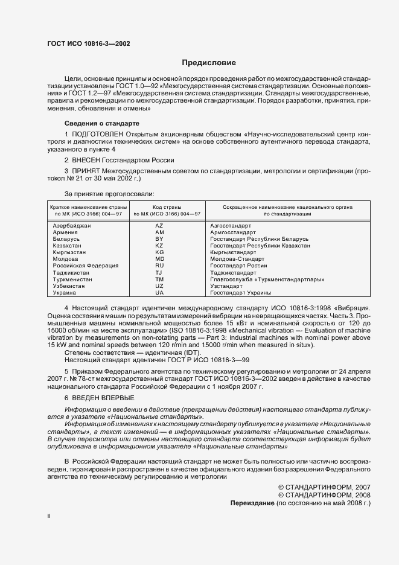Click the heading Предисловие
pyautogui.click(x=209, y=63)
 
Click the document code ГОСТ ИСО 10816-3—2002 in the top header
pyautogui.click(x=88, y=43)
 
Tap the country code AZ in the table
pyautogui.click(x=159, y=225)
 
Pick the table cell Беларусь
pyautogui.click(x=66, y=239)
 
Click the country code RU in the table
pyautogui.click(x=159, y=266)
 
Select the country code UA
pyautogui.click(x=159, y=293)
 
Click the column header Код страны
pyautogui.click(x=159, y=207)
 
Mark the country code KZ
pyautogui.click(x=159, y=246)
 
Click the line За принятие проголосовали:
pyautogui.click(x=101, y=194)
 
